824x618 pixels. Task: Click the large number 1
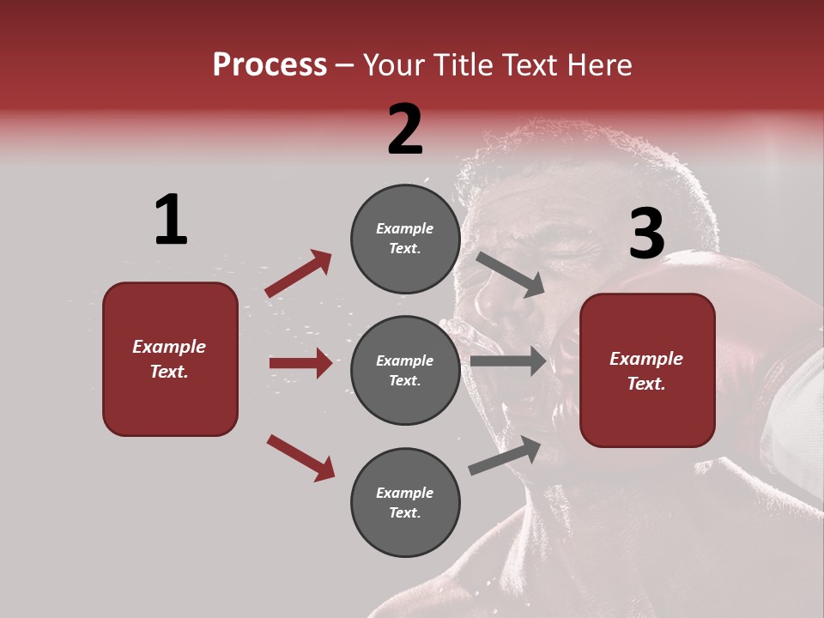pos(171,220)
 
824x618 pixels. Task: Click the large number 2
pos(405,130)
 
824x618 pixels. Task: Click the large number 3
pos(646,234)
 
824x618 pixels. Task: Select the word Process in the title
pos(270,64)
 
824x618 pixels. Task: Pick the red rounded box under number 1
pos(170,359)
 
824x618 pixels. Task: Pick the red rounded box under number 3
pos(647,371)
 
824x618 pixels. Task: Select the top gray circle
pos(405,239)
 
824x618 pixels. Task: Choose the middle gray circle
pos(405,371)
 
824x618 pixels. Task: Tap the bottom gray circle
pos(405,503)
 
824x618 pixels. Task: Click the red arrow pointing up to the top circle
pos(299,274)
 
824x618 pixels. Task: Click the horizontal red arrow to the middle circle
pos(300,363)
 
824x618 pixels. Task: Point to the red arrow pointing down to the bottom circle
pos(300,457)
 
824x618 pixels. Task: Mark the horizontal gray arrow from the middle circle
pos(508,361)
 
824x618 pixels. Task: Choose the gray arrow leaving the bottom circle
pos(505,456)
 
